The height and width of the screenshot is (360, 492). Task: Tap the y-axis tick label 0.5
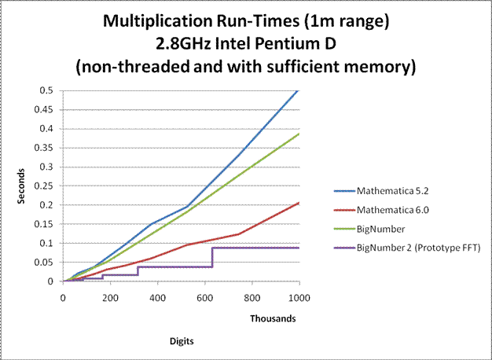48,90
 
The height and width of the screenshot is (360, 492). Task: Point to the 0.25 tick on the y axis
46,186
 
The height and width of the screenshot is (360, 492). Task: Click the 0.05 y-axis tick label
46,262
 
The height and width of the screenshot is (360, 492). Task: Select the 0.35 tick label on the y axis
46,148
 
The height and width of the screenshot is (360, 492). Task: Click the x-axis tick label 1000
299,298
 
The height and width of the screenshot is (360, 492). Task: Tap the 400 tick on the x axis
157,298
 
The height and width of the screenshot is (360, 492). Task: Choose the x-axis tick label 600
204,298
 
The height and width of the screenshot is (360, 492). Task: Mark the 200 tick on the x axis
110,298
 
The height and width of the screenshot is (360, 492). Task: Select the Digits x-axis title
181,342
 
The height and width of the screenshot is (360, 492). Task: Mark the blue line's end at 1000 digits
299,90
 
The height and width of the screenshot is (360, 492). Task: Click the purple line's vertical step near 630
212,257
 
